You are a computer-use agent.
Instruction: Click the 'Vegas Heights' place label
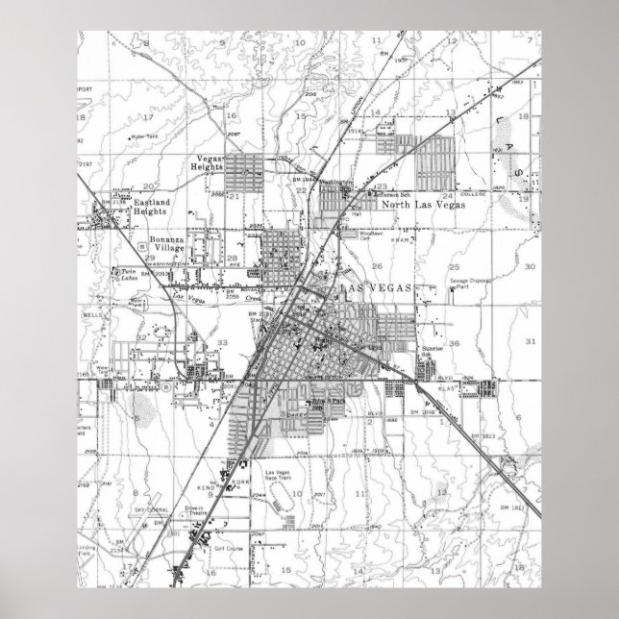[210, 163]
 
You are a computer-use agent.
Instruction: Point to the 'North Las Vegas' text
[423, 206]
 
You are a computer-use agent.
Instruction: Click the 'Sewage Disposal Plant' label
[471, 284]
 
